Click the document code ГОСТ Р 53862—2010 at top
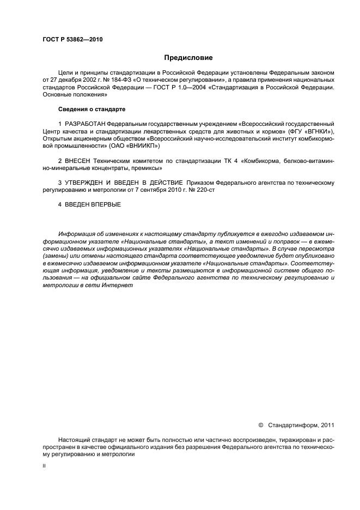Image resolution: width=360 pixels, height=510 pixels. pos(72,39)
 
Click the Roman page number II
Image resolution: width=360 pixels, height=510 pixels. pos(44,467)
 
